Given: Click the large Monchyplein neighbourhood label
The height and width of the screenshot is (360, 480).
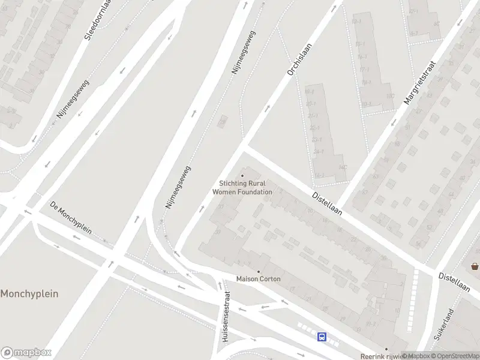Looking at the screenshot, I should pyautogui.click(x=29, y=294).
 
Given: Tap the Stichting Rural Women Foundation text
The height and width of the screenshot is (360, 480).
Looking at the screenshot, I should pyautogui.click(x=242, y=188).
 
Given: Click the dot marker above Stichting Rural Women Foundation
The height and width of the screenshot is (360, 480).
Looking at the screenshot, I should pyautogui.click(x=242, y=176).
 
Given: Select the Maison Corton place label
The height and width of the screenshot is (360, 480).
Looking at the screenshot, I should pyautogui.click(x=259, y=279).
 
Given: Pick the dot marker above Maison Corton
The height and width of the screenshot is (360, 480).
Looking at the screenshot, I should pyautogui.click(x=259, y=271).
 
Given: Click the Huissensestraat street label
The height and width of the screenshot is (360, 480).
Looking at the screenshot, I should pyautogui.click(x=226, y=320).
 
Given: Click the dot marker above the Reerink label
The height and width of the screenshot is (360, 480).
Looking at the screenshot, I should pyautogui.click(x=386, y=349).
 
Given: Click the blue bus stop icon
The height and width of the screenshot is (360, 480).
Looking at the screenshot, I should pyautogui.click(x=322, y=337).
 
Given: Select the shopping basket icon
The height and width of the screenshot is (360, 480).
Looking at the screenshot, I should pyautogui.click(x=475, y=266).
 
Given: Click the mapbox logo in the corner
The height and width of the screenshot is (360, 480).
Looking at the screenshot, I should pyautogui.click(x=26, y=352).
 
